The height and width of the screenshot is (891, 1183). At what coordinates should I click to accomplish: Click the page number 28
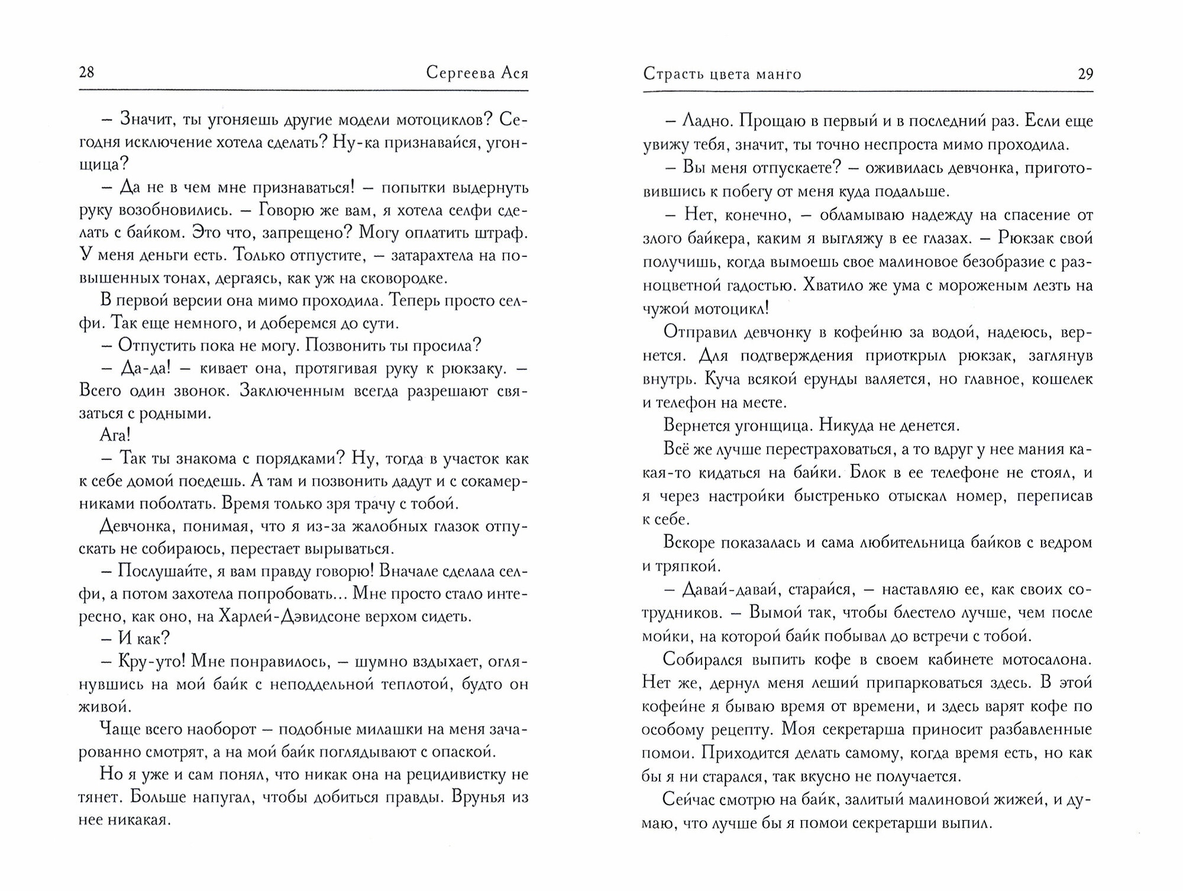[x=86, y=73]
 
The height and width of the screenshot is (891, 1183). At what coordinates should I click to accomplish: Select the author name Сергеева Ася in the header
[x=477, y=73]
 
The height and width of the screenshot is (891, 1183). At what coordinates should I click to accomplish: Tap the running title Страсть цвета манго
[x=722, y=74]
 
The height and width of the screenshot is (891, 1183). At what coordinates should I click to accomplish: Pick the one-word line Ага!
[x=115, y=436]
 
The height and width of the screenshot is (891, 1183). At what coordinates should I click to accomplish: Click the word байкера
[x=718, y=238]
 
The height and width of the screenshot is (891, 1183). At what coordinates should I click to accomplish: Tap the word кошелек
[x=1062, y=379]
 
